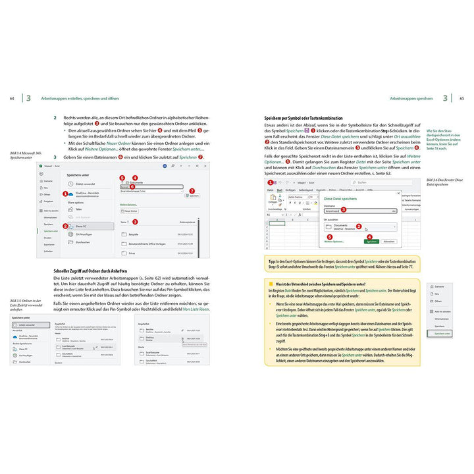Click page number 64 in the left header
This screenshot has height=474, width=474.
(x=12, y=98)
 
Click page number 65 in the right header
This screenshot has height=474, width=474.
(x=461, y=98)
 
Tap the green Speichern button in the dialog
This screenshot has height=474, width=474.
(x=371, y=242)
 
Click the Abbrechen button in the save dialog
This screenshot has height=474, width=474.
(x=389, y=242)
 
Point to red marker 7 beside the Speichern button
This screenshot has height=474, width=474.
(x=192, y=191)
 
